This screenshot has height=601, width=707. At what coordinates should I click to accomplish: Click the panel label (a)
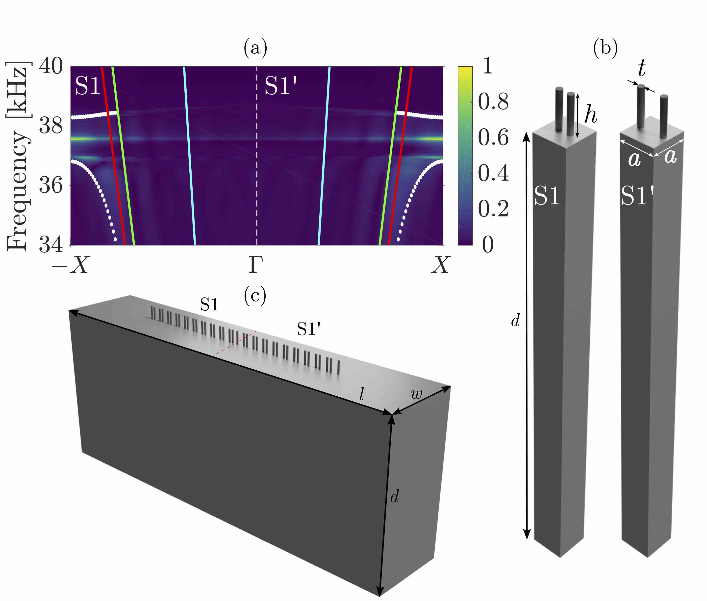pos(255,48)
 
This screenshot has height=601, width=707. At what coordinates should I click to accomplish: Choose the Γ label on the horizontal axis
pos(256,265)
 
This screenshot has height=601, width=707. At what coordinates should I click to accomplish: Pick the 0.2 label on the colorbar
pos(493,209)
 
